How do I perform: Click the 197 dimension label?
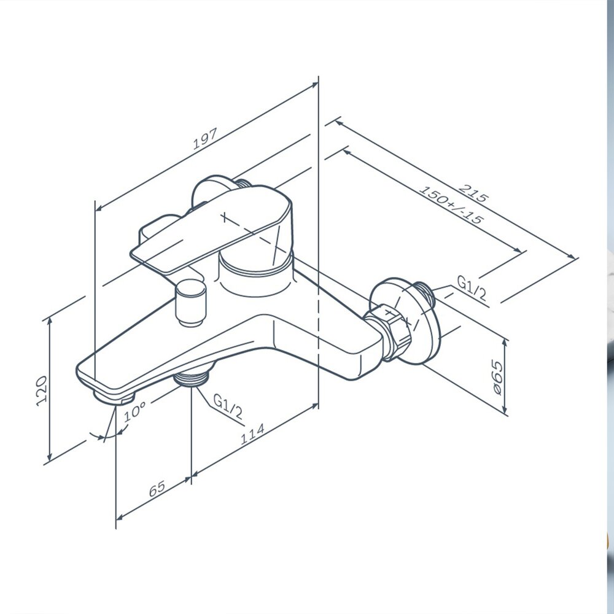point(205,139)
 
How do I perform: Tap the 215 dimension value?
point(473,193)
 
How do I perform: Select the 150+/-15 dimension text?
point(451,205)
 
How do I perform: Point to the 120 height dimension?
point(42,391)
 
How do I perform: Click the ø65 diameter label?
point(497,378)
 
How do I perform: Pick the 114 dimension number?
point(252,433)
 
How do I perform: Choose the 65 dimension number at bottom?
point(157,489)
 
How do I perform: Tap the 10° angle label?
point(134,411)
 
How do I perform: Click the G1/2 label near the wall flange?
point(472,288)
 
